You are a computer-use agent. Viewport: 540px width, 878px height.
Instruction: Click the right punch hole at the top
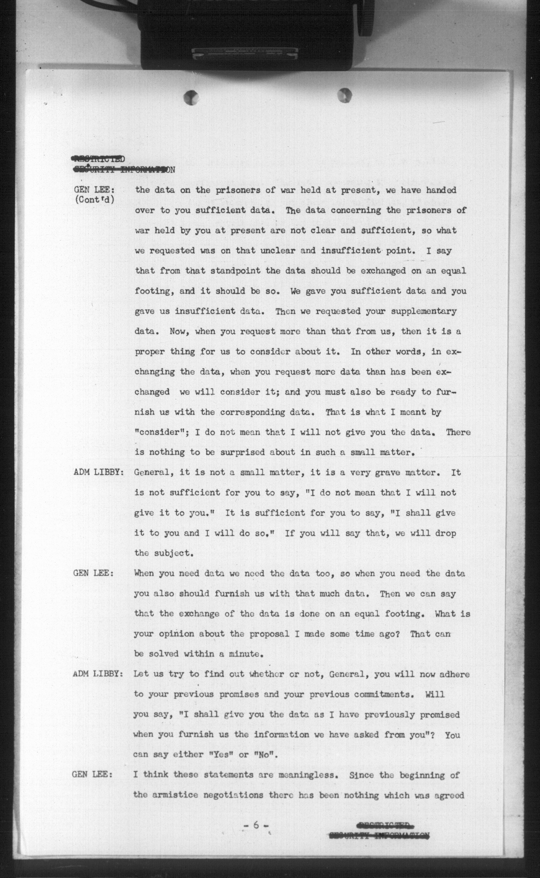[344, 95]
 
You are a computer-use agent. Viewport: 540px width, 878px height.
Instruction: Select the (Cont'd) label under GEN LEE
[95, 199]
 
